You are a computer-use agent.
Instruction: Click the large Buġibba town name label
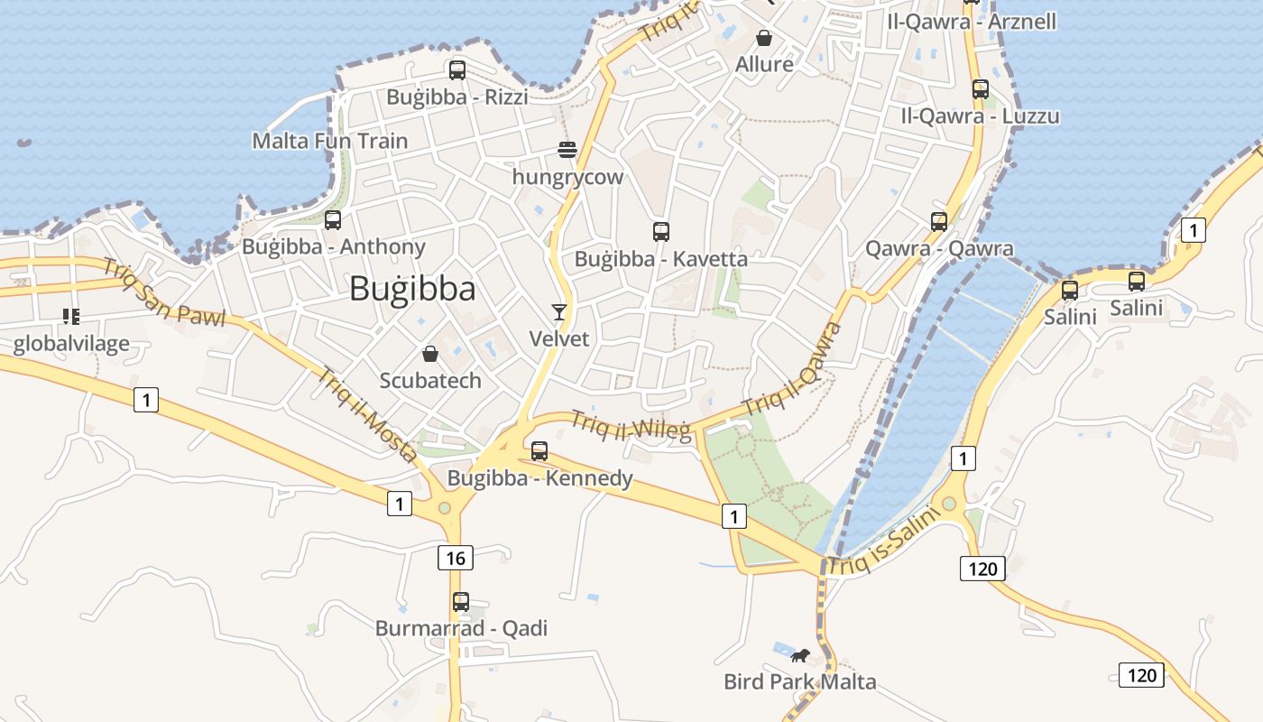(411, 289)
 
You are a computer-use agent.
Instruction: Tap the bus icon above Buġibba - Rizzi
(457, 69)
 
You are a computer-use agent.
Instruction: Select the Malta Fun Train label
(329, 141)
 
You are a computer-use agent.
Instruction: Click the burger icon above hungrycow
(567, 149)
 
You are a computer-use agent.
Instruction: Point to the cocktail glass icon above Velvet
(559, 312)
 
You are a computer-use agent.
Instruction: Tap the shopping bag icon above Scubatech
(430, 353)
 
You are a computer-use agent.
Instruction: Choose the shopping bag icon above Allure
(764, 37)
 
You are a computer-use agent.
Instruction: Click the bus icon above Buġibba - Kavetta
(661, 232)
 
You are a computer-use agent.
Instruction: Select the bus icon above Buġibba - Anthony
(333, 219)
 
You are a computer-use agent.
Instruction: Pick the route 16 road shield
(456, 558)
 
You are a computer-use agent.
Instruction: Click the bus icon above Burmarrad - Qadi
(461, 601)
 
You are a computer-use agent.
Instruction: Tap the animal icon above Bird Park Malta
(799, 655)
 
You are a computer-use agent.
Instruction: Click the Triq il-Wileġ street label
(631, 425)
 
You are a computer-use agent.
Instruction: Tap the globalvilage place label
(71, 344)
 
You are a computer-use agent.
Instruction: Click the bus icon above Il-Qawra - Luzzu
(981, 89)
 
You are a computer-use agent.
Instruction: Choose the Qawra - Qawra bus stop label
(939, 248)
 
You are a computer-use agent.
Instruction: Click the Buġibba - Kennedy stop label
(540, 478)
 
